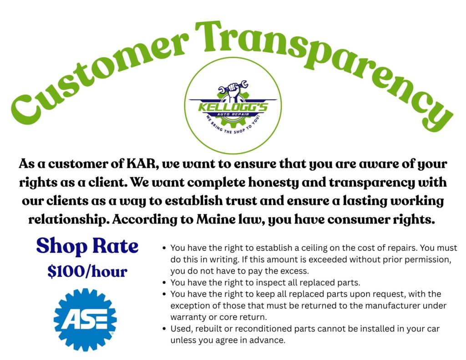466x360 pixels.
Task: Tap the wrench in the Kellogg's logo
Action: [x=233, y=87]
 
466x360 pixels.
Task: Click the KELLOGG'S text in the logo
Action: [x=233, y=106]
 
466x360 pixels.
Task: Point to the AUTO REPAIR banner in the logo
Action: [x=233, y=114]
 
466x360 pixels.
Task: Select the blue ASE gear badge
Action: [x=85, y=320]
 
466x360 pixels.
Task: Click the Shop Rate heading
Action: [x=87, y=246]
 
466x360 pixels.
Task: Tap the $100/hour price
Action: [x=87, y=271]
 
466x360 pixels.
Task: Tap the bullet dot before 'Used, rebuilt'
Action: [x=164, y=329]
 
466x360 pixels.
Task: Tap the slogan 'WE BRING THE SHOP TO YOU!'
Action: [x=233, y=127]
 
